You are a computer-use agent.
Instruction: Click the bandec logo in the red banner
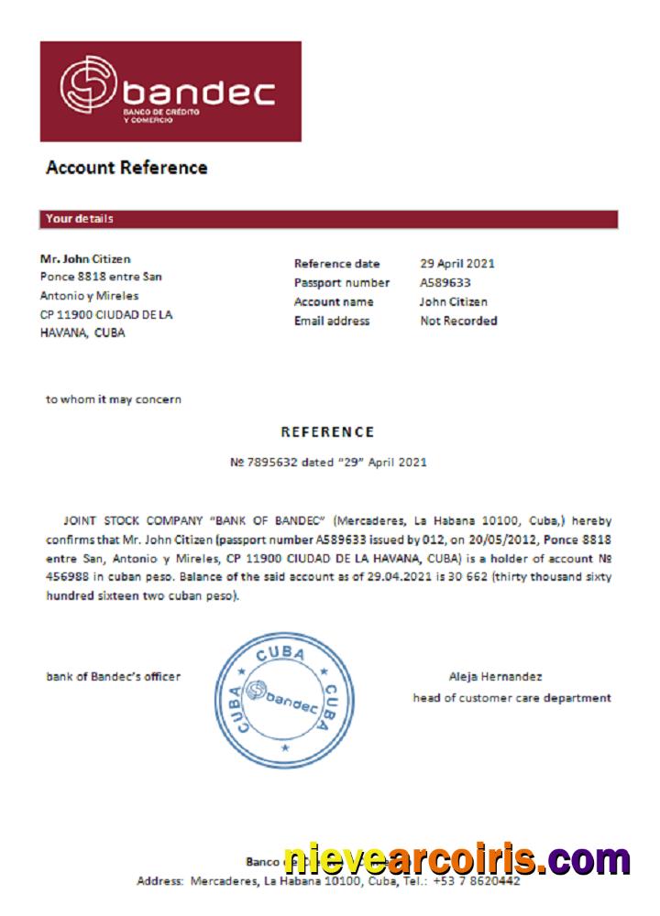click(170, 91)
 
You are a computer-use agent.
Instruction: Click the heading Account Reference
click(126, 168)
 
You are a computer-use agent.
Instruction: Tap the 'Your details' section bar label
click(80, 219)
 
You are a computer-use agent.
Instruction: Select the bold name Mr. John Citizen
click(85, 258)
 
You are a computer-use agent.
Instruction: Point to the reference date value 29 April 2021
click(457, 264)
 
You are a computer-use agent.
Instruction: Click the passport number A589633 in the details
click(445, 283)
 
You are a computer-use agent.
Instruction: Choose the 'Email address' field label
click(332, 321)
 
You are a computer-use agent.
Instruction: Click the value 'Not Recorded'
click(458, 321)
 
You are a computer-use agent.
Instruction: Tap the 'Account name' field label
click(334, 301)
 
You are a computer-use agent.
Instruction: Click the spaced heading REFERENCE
click(327, 432)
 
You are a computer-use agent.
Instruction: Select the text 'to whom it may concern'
click(114, 399)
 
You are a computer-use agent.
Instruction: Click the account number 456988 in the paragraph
click(66, 578)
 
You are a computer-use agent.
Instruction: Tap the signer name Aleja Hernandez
click(495, 677)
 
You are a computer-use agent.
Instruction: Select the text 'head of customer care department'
click(511, 698)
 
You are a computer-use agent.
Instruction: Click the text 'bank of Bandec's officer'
click(114, 677)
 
